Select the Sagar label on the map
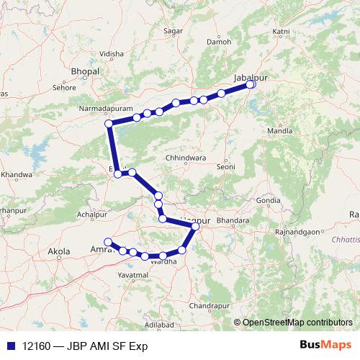pos(173,31)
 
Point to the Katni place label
pos(282,32)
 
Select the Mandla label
pos(279,132)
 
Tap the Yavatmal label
pos(135,275)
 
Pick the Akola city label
pos(58,251)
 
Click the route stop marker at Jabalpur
pos(251,84)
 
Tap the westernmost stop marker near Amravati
pos(108,241)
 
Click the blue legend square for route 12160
pos(9,346)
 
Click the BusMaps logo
pos(325,346)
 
